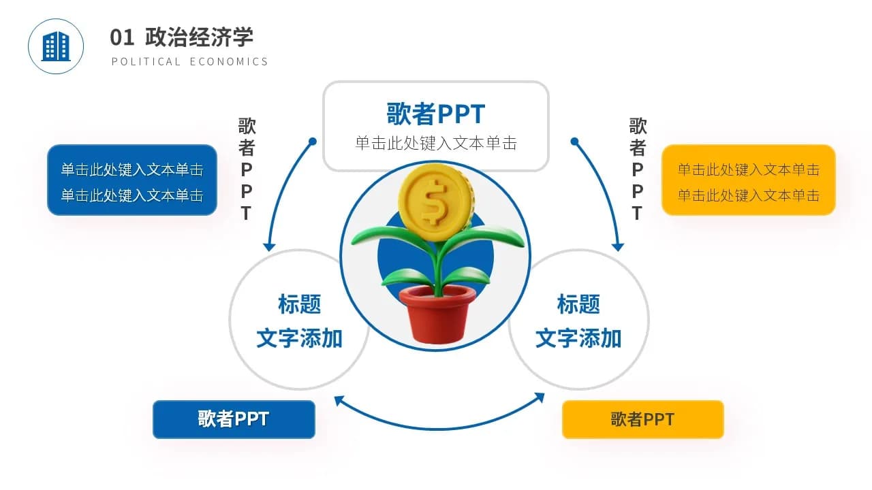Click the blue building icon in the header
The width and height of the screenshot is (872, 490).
[56, 46]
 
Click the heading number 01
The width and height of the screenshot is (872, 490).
[122, 37]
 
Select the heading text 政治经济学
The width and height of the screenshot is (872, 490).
[199, 37]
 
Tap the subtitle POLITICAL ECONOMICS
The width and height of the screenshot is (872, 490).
[190, 61]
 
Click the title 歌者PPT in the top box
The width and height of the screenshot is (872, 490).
[435, 114]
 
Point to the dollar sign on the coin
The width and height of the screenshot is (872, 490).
[431, 200]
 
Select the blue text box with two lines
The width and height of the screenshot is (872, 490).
[131, 180]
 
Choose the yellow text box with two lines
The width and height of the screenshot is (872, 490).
[748, 180]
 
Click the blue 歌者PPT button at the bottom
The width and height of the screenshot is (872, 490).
[234, 419]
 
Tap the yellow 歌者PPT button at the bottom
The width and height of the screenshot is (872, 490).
[642, 419]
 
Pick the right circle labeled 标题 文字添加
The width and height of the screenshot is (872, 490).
[579, 320]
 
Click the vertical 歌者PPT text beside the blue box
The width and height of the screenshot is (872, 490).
[247, 169]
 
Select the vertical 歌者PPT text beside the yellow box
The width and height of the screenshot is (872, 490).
[638, 169]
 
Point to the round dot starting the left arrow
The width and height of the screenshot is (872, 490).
[313, 142]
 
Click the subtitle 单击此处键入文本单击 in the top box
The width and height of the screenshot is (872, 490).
[435, 143]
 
